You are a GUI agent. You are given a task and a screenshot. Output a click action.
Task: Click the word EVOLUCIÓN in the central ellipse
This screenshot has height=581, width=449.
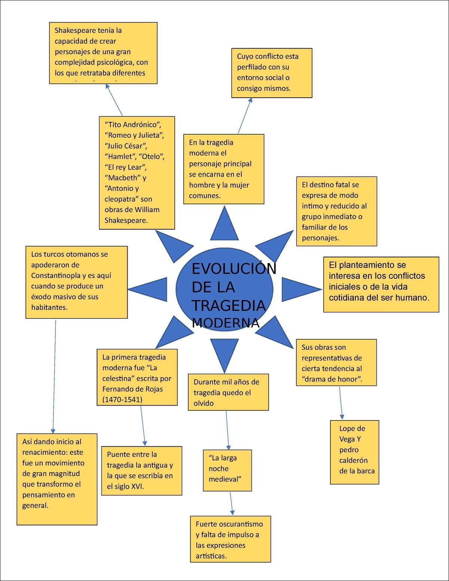tap(234, 269)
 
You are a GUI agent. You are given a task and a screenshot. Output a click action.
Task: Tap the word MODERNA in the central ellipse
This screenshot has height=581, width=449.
tap(226, 323)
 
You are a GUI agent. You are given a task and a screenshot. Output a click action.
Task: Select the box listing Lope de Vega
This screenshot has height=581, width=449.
tap(354, 452)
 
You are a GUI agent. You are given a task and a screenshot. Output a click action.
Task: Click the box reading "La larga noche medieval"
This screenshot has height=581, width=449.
tap(227, 470)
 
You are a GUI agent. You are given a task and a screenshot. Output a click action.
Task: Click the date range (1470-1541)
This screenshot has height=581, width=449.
tap(122, 400)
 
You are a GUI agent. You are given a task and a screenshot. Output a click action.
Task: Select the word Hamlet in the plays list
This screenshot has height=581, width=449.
tap(120, 157)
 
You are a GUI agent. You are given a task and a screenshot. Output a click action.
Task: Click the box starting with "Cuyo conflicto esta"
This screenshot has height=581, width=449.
tap(272, 73)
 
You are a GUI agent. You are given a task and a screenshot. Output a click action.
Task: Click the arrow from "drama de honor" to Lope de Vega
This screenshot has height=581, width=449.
tap(341, 403)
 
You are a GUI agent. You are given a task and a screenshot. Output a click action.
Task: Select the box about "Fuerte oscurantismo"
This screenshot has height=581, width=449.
tap(230, 539)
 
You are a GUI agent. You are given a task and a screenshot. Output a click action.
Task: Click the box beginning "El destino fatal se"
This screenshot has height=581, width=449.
tap(336, 211)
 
